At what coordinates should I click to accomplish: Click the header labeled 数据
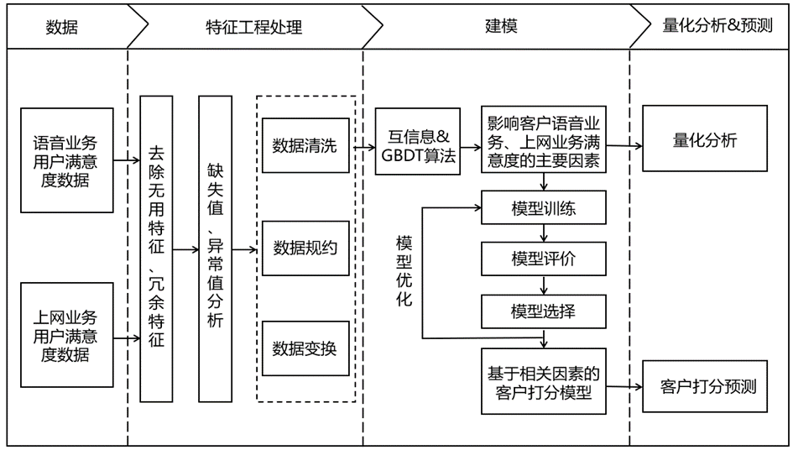62,27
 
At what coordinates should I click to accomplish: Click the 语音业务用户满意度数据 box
66,159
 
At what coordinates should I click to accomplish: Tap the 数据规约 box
305,248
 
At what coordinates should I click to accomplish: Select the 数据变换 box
305,348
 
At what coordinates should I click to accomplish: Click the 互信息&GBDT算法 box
418,142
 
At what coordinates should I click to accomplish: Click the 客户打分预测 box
705,387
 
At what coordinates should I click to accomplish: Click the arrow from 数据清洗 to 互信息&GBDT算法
362,147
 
